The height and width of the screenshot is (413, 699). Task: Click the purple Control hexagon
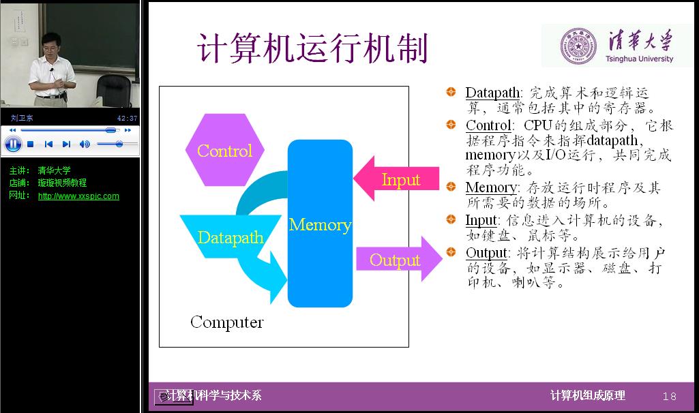coord(224,150)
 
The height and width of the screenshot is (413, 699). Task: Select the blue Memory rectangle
coord(320,224)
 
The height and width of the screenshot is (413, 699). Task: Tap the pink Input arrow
coord(396,179)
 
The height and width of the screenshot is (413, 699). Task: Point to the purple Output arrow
coord(399,259)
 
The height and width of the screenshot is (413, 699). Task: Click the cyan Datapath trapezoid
coord(230,236)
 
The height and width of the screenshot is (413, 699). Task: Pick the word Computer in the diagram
coord(227,322)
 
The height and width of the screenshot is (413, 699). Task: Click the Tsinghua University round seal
coord(578,46)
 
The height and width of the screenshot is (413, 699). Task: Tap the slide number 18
coord(670,396)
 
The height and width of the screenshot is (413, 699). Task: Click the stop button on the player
coord(30,144)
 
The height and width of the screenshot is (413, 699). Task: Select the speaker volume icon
coord(85,144)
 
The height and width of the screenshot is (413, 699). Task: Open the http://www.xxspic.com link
coord(78,196)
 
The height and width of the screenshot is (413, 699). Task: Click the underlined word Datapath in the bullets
coord(492,93)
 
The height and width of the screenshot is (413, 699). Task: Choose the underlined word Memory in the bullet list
coord(491,187)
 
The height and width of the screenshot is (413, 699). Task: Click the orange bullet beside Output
coord(451,252)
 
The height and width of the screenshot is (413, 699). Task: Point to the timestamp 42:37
coord(127,118)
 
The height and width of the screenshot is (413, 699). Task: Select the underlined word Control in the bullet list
coord(488,125)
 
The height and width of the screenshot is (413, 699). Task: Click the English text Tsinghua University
coord(639,59)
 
